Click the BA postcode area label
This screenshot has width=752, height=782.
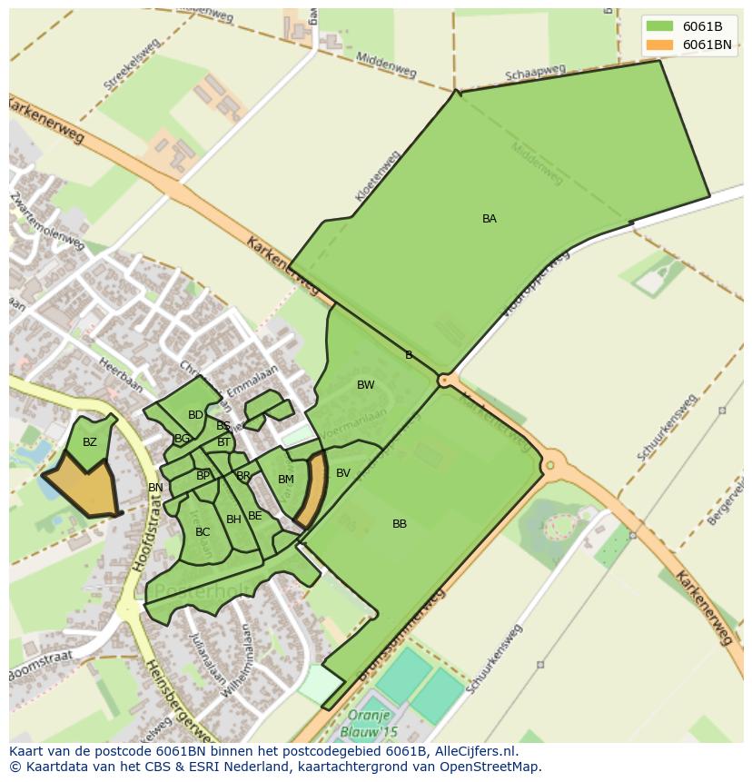(x=490, y=219)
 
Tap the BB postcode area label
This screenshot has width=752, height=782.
(x=400, y=524)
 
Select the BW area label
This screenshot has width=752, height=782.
(x=366, y=385)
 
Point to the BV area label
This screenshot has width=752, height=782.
(x=343, y=473)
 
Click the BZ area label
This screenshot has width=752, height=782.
(x=90, y=443)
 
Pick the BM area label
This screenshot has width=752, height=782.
(x=286, y=480)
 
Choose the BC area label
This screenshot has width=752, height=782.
(x=203, y=532)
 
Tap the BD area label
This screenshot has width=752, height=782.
(x=195, y=415)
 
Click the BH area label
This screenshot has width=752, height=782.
(x=234, y=520)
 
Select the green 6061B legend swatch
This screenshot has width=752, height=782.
(x=659, y=25)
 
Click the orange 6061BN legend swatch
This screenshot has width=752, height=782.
(x=659, y=45)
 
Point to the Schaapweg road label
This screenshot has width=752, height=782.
(x=536, y=73)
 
